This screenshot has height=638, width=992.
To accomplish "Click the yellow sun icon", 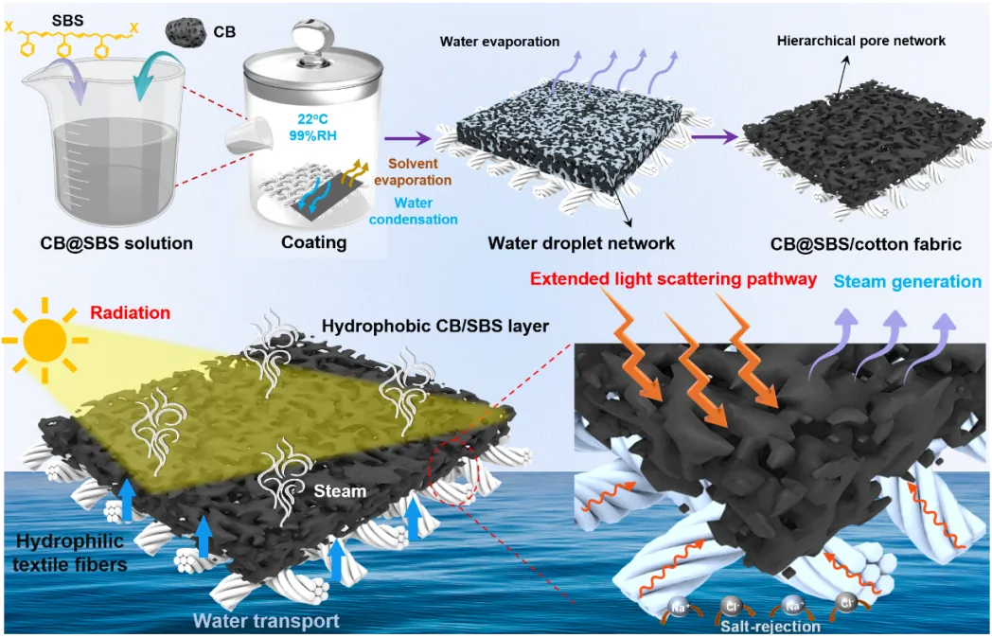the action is click(44, 341).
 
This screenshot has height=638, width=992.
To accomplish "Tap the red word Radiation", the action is click(131, 312).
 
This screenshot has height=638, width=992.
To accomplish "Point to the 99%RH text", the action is click(312, 135).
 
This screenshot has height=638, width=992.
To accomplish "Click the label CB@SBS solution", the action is click(116, 243).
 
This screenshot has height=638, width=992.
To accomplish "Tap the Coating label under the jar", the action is click(314, 242).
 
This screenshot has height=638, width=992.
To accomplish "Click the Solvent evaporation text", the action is click(413, 171).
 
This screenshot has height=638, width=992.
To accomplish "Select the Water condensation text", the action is click(413, 211).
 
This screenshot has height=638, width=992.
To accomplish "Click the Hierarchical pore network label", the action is click(861, 41).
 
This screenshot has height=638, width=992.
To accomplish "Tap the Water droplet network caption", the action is click(581, 243).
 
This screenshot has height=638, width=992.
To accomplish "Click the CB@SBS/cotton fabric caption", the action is click(865, 243).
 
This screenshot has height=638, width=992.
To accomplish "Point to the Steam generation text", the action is click(907, 282).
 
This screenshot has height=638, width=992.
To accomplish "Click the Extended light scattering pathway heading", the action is click(673, 279).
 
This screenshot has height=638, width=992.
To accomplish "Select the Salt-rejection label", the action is click(771, 627).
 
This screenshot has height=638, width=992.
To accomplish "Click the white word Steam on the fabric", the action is click(340, 491).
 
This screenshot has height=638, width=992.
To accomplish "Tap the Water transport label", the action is click(266, 621).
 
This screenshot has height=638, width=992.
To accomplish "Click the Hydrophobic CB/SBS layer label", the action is click(435, 326).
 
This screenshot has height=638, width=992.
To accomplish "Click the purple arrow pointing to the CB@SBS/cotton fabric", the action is click(715, 136).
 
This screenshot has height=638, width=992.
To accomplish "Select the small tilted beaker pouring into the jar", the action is click(250, 138).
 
